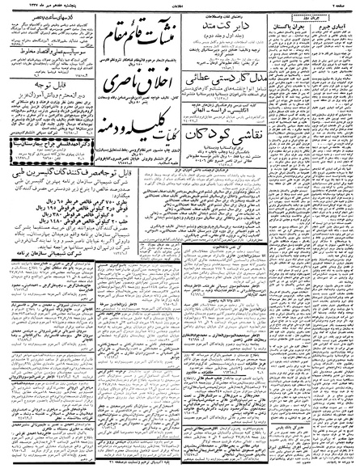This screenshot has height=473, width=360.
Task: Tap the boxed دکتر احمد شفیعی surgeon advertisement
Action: tap(45, 160)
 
